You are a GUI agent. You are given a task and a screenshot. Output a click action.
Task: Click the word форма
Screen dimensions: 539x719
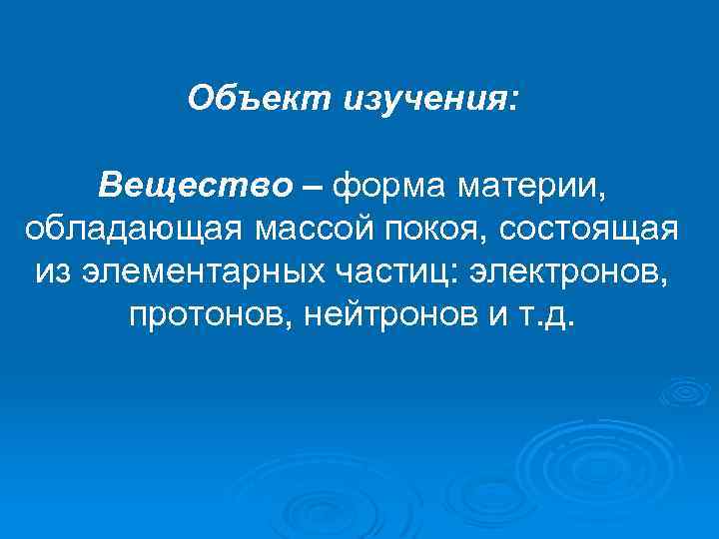tap(381, 185)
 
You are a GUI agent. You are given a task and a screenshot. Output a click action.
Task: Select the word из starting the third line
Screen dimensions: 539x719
tap(53, 271)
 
